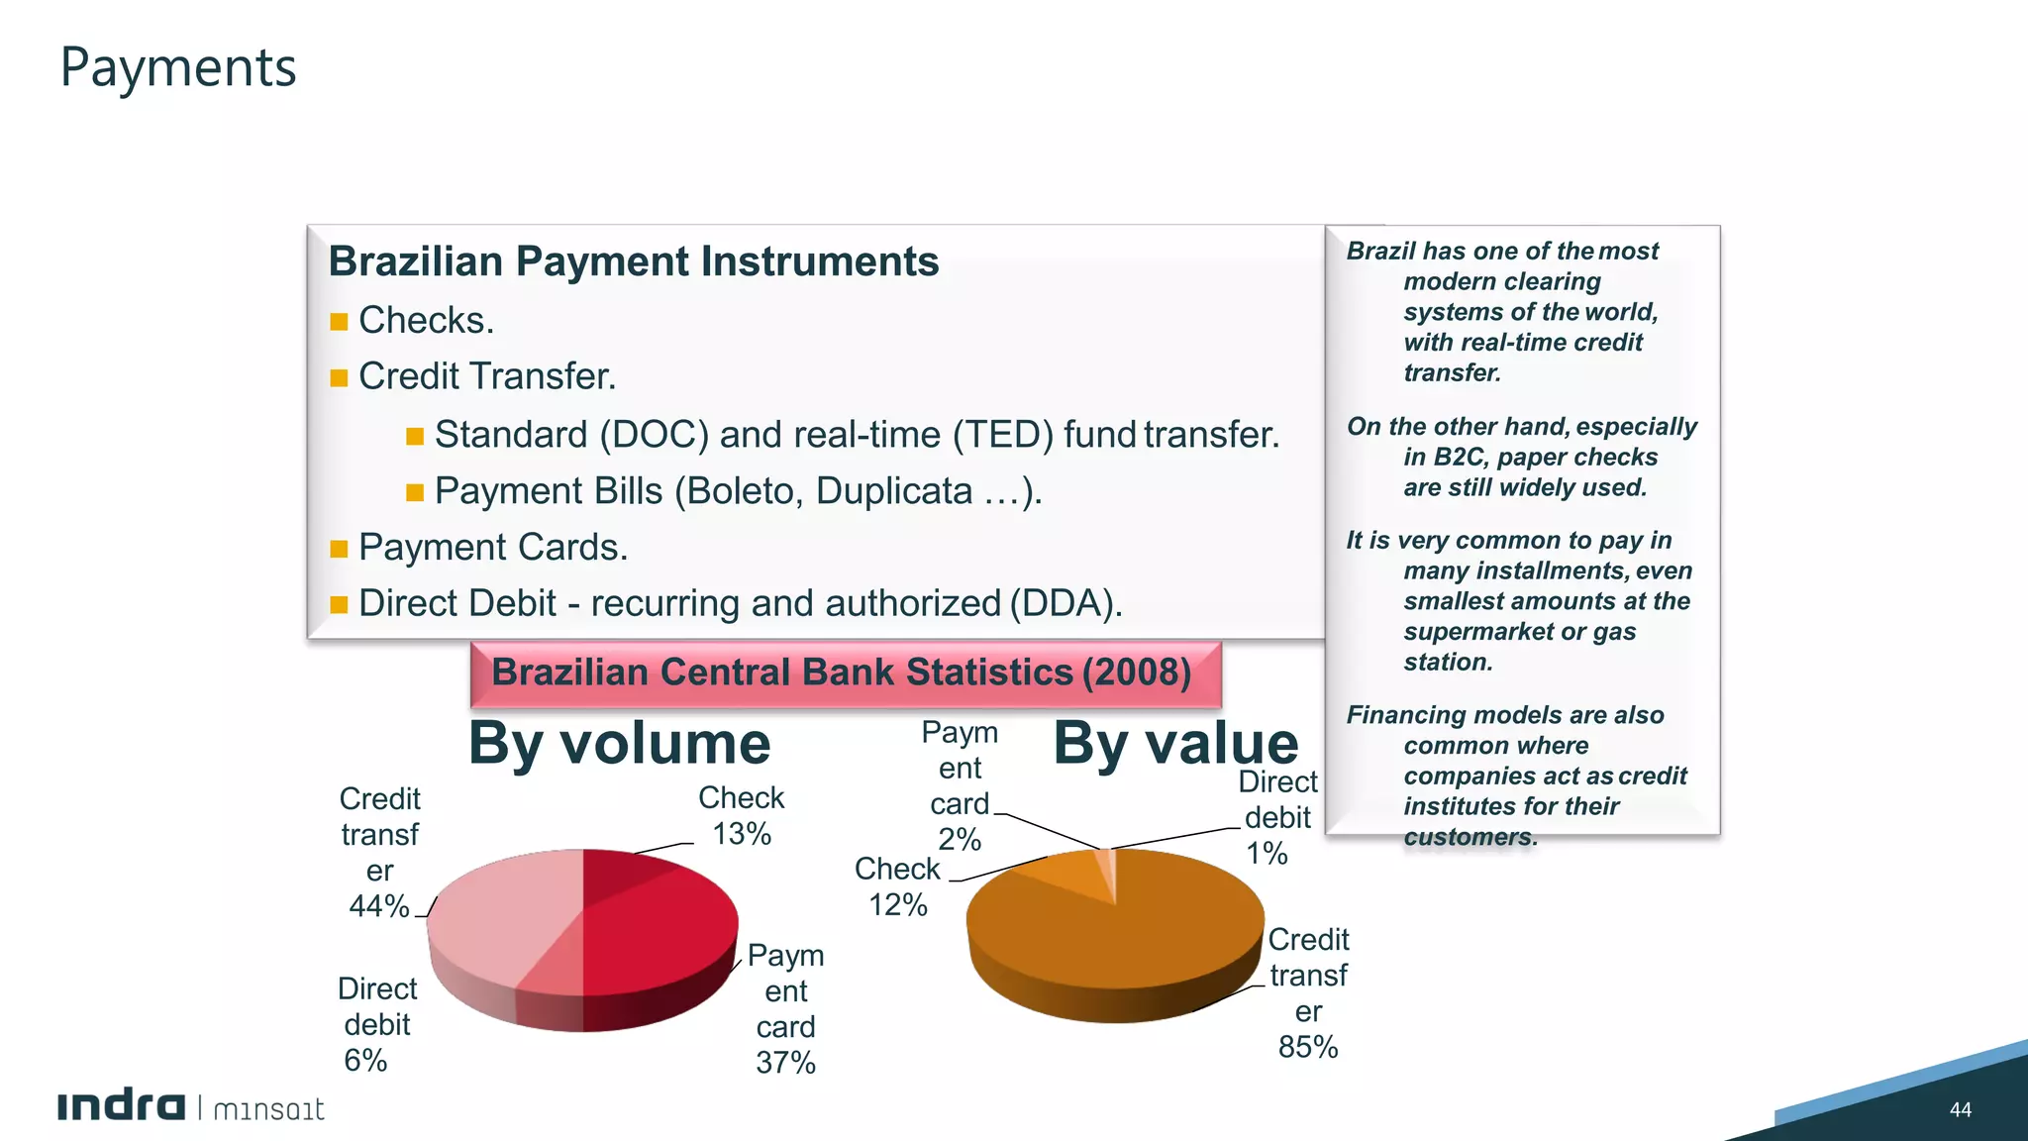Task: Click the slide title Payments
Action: (178, 67)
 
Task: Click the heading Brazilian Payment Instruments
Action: (633, 261)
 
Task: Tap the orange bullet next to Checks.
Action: (339, 322)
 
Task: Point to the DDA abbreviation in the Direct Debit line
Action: (1065, 603)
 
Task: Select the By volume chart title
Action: (619, 743)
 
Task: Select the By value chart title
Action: (1175, 743)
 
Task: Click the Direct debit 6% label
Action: (376, 1024)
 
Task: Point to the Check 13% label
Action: (742, 815)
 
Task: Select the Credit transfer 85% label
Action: (1308, 992)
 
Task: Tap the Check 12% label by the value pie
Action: (897, 886)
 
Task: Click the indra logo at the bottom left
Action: (121, 1106)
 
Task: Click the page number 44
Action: (1960, 1109)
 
